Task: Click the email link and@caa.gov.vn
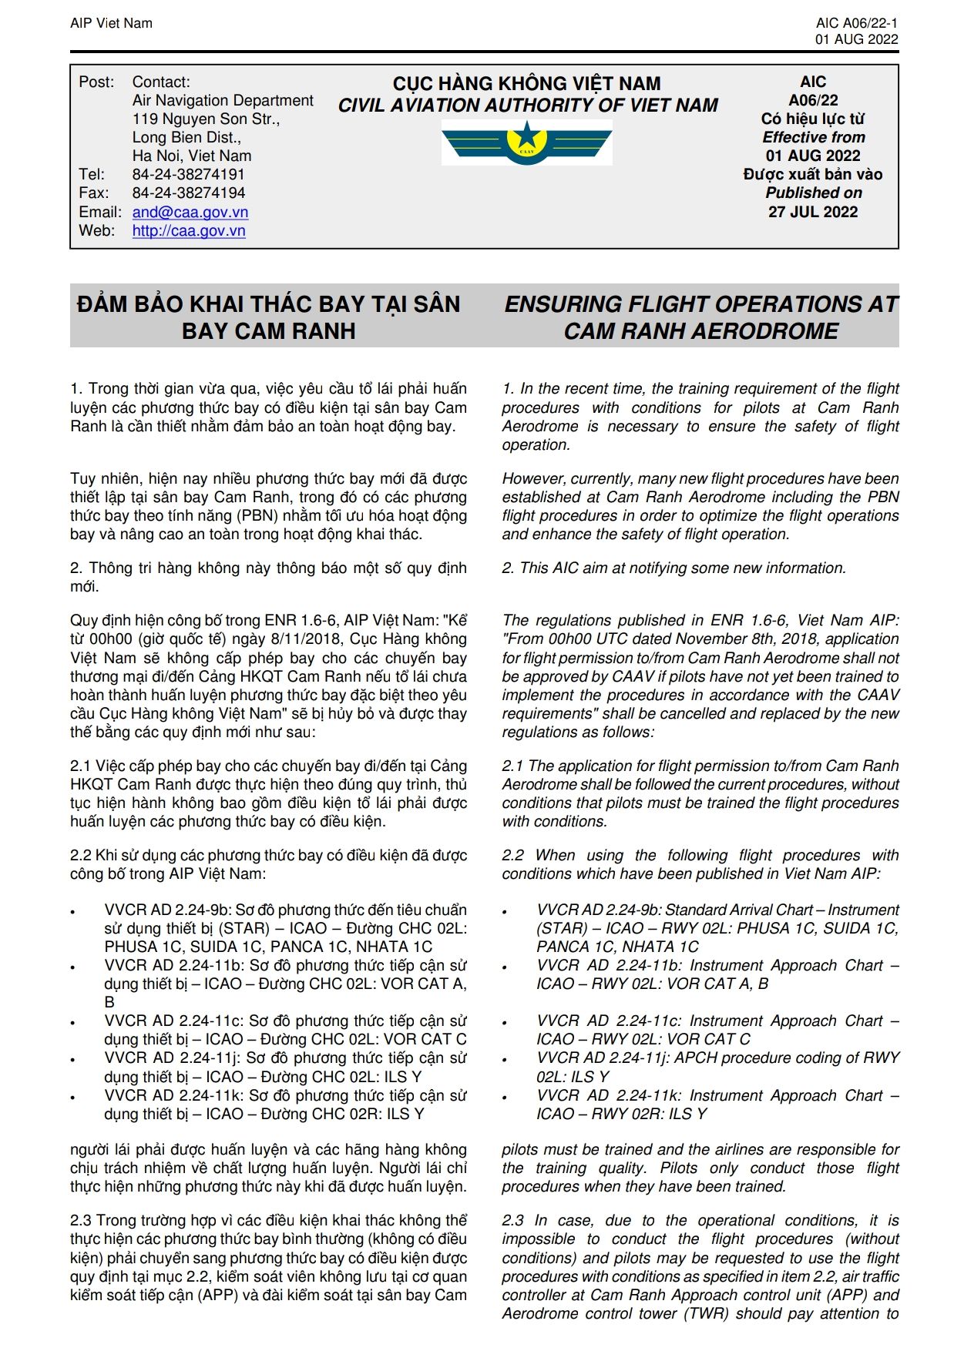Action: (x=190, y=213)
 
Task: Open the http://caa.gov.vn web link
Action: (x=189, y=231)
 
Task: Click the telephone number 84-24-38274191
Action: (x=188, y=175)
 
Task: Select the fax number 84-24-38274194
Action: (x=188, y=193)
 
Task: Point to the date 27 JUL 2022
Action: (x=812, y=212)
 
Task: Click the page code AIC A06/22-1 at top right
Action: (x=856, y=23)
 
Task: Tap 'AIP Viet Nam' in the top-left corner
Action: (x=111, y=23)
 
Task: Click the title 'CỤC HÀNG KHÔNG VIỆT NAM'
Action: (x=526, y=83)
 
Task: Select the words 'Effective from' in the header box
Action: (x=813, y=138)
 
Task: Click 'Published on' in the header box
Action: (x=813, y=193)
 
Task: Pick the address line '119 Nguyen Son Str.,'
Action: (x=206, y=119)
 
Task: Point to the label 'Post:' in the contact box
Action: (x=96, y=82)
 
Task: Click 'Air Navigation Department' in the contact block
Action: (x=223, y=101)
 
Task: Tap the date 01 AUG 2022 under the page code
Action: (x=856, y=40)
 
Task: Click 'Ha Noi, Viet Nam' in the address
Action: (x=192, y=156)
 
